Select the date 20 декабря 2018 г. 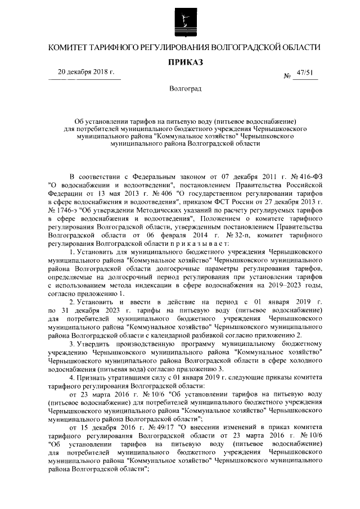coord(86,72)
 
